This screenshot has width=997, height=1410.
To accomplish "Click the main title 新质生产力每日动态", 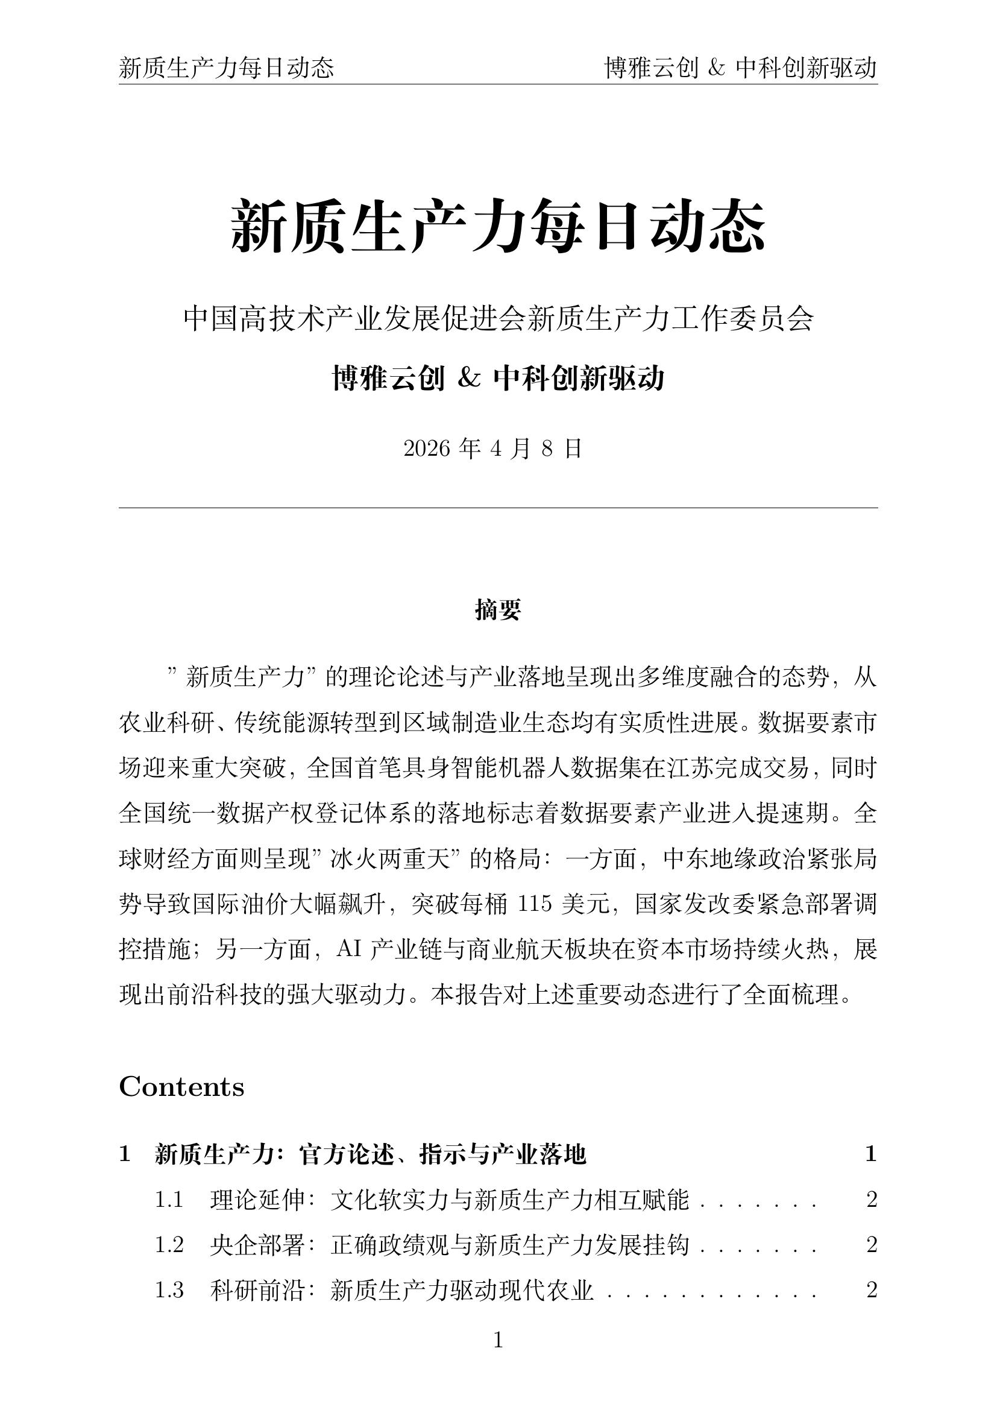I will click(498, 226).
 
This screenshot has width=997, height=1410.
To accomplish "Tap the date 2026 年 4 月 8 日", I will click(493, 449).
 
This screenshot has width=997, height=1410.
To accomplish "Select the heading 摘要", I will click(498, 611).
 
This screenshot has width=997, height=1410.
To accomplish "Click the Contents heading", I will click(181, 1086).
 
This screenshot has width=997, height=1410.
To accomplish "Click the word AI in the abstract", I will click(348, 949).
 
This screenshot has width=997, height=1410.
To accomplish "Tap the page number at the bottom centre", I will click(498, 1340).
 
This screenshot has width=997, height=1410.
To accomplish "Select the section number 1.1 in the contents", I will click(169, 1200).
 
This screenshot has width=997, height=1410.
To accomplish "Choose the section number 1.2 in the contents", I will click(169, 1245).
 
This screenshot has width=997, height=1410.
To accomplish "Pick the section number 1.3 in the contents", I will click(169, 1290).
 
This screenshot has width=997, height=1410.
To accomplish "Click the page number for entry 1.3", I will click(872, 1290).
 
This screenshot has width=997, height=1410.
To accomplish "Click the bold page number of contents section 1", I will click(870, 1154).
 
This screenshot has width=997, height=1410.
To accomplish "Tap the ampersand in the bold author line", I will click(469, 379).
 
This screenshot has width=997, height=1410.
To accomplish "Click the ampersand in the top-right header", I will click(717, 68).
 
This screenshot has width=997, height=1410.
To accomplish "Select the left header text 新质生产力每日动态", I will click(227, 68).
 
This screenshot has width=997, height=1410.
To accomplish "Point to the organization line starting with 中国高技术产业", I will click(498, 319).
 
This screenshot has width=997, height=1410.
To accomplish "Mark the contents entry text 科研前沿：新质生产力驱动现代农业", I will click(401, 1290).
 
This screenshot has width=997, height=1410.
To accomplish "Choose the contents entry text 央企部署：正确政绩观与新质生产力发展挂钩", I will click(450, 1245).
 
